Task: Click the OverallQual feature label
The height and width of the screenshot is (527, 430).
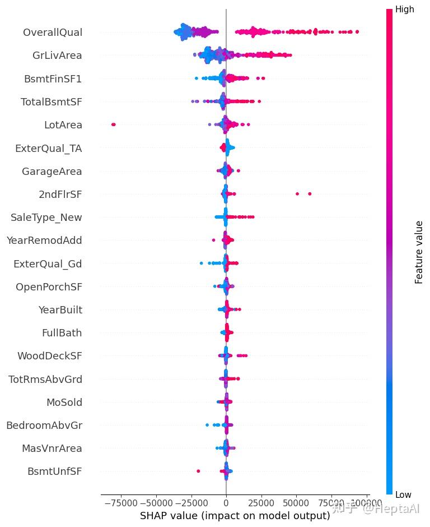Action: coord(53,33)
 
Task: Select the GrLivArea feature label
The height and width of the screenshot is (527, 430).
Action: coord(57,56)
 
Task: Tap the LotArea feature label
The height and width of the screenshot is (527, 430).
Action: coord(63,125)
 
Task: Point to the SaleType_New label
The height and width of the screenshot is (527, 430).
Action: coord(46,218)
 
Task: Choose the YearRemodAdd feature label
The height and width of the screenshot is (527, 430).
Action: coord(44,241)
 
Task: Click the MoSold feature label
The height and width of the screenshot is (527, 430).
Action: coord(64,403)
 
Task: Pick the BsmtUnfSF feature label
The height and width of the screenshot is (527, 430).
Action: coord(55,472)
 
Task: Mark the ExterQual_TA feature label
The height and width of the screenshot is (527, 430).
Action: coord(48,149)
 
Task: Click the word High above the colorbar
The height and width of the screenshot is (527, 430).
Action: coord(405,9)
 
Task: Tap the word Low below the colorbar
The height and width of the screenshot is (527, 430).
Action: coord(404,494)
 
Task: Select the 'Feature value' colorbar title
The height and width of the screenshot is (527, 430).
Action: coord(419,252)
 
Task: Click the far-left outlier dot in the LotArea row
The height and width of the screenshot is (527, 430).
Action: coord(114,124)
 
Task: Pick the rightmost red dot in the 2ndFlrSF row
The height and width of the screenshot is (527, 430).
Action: coord(310,194)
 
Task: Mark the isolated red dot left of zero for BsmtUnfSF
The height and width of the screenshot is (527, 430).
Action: coord(198,471)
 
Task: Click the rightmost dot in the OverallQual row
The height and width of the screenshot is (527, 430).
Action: coord(357,32)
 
